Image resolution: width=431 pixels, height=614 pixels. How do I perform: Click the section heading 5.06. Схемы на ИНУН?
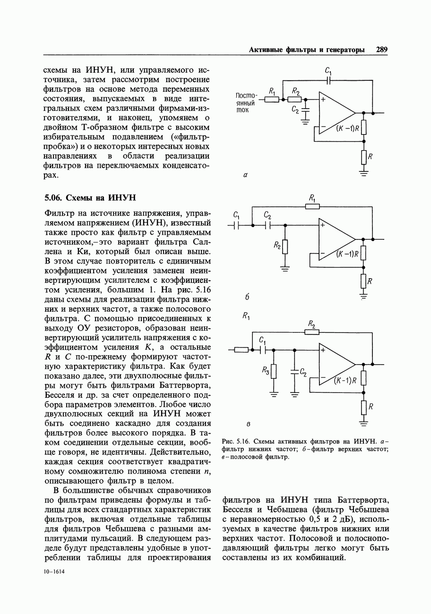[90, 197]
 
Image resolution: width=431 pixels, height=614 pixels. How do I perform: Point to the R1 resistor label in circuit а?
[272, 91]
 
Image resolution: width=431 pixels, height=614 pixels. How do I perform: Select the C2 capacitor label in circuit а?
[295, 110]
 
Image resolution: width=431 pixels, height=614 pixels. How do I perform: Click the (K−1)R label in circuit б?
[348, 254]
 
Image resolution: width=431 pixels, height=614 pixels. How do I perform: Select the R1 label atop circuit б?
[312, 197]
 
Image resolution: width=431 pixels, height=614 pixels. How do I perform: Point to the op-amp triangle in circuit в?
[335, 364]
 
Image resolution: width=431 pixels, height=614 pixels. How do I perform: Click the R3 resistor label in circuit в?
[266, 372]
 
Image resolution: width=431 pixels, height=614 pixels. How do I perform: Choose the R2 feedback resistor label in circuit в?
[311, 324]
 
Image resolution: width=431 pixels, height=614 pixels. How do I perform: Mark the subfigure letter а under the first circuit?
[245, 175]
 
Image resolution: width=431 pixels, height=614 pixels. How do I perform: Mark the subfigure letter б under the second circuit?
[247, 298]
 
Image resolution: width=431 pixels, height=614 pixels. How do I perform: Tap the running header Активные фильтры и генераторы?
[307, 50]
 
